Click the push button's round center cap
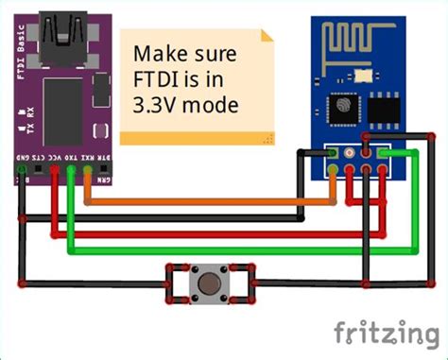(211, 283)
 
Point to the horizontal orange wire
(208, 201)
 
